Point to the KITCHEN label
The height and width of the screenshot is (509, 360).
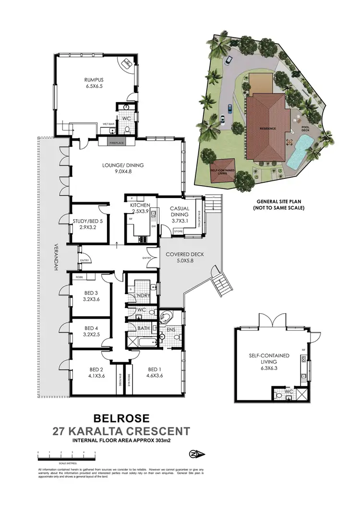[140, 206]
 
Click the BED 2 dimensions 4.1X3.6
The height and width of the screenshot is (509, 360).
[96, 376]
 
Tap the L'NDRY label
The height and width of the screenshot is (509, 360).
[143, 295]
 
